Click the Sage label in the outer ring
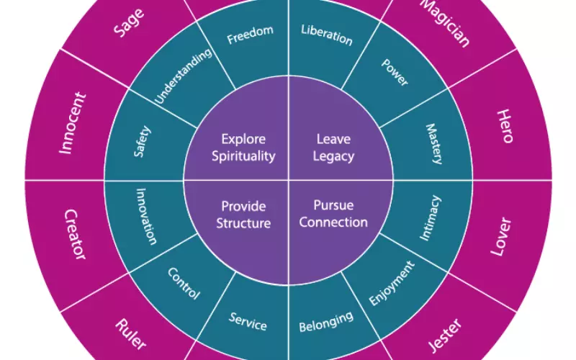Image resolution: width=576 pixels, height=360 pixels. tap(129, 23)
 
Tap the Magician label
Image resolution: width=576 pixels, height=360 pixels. tap(445, 24)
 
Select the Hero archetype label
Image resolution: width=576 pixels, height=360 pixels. tap(505, 126)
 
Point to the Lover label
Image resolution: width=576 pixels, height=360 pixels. tap(501, 237)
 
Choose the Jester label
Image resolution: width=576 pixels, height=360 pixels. tap(445, 335)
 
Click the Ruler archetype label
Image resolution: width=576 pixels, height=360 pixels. tap(131, 334)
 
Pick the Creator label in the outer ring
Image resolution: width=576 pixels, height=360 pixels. tap(76, 235)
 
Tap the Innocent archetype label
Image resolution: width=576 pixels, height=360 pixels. tap(73, 123)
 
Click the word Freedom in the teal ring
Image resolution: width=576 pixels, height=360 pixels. tap(250, 35)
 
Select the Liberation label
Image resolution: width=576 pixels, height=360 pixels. tap(327, 35)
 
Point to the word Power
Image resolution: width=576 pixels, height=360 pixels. tap(395, 73)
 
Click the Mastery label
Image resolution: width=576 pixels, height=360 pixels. tap(434, 143)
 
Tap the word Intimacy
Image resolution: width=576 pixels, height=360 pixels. tap(430, 218)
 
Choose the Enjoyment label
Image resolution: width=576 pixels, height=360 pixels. tap(392, 283)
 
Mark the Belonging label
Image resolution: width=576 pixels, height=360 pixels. tap(326, 322)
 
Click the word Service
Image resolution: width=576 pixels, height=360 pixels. tap(248, 321)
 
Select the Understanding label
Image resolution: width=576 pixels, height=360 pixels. tap(183, 76)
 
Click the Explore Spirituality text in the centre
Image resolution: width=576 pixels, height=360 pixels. tap(243, 148)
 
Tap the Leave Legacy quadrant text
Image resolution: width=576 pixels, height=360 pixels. tap(333, 148)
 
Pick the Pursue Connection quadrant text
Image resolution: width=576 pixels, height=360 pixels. tap(333, 214)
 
